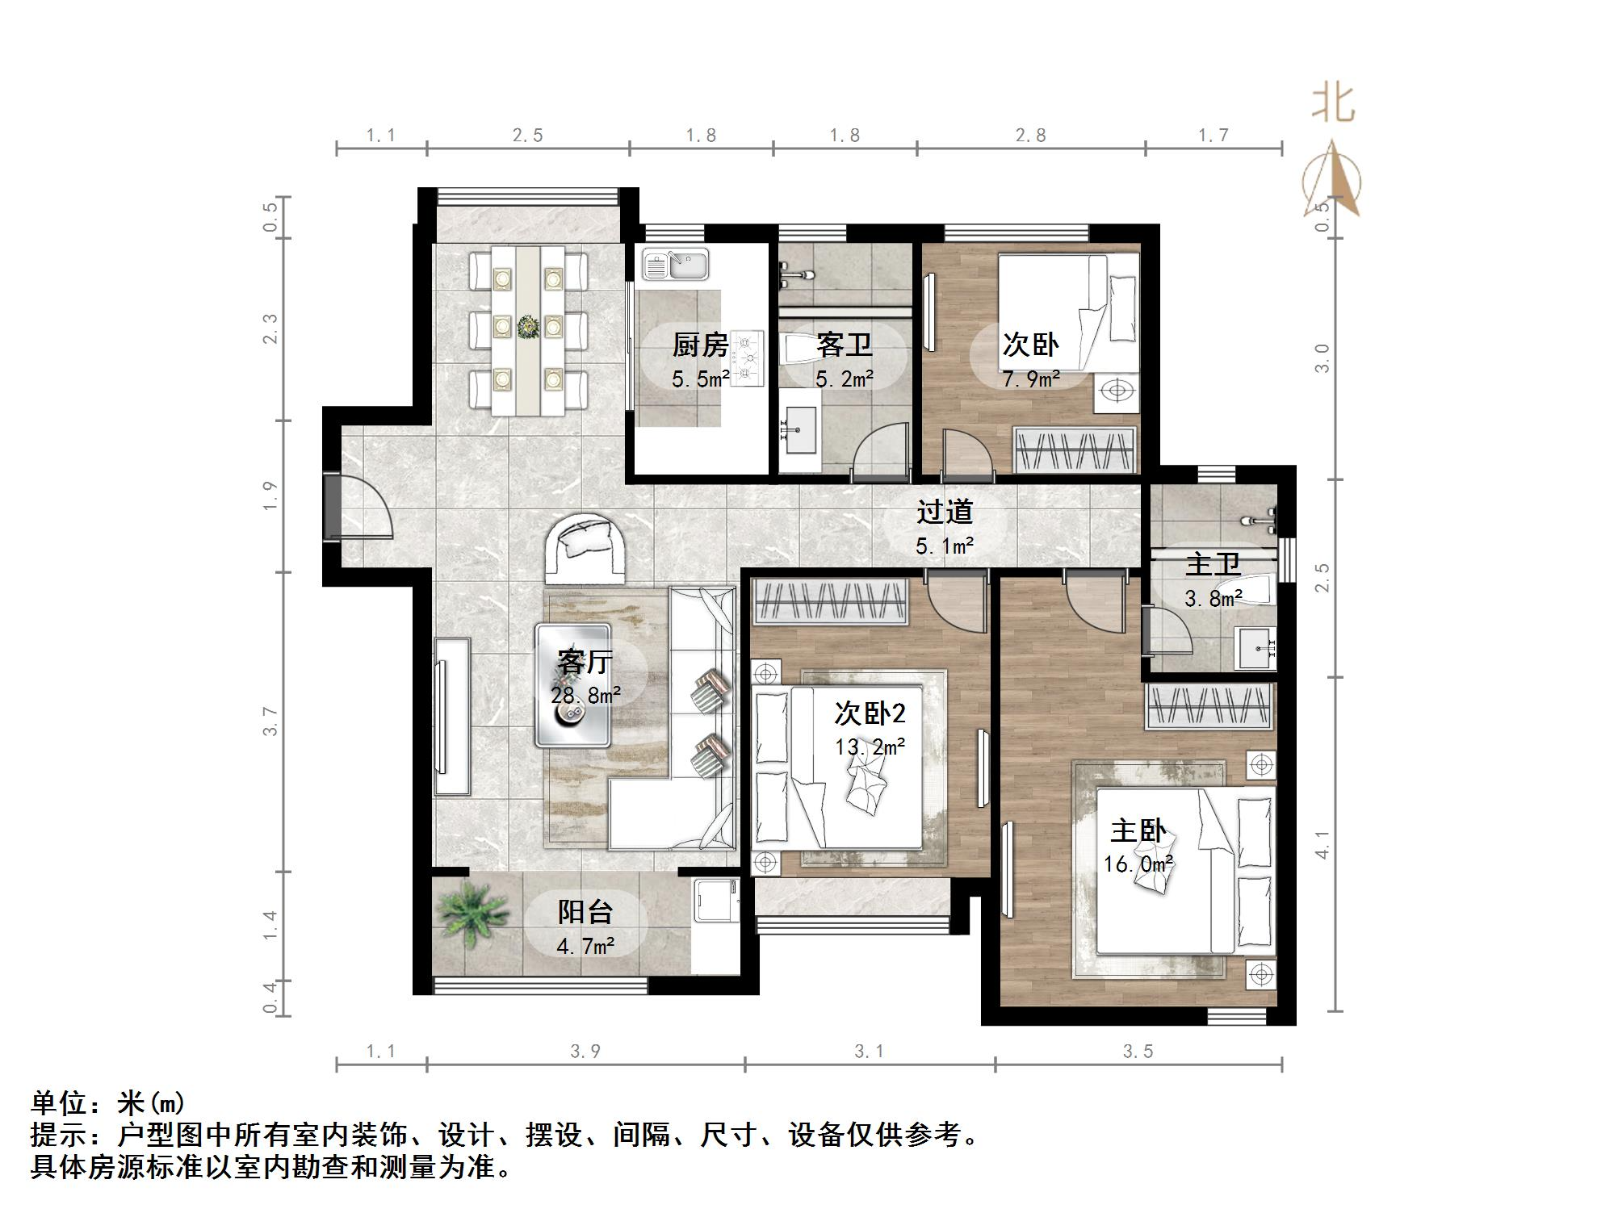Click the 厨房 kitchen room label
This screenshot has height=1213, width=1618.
[700, 345]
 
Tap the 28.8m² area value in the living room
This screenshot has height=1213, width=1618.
[585, 695]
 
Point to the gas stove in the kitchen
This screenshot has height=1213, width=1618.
[747, 358]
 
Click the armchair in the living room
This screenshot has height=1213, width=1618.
[585, 549]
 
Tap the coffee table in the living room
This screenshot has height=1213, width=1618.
[572, 686]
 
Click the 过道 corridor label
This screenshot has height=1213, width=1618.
[944, 512]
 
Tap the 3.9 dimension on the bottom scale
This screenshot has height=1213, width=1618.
[585, 1051]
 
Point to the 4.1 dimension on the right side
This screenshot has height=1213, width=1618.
[1322, 844]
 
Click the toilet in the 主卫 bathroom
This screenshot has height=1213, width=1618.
[1247, 589]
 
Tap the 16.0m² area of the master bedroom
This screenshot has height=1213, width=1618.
[1138, 864]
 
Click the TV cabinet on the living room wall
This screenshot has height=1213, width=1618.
[451, 717]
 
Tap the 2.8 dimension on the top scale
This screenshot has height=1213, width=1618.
[1030, 136]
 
